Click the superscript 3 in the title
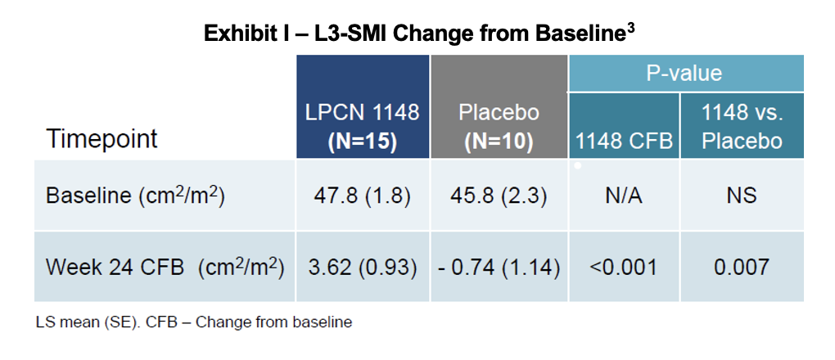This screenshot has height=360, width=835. [x=630, y=30]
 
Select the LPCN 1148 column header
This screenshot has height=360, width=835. [x=362, y=126]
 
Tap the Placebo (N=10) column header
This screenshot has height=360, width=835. [x=499, y=126]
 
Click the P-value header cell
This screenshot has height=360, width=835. [x=686, y=73]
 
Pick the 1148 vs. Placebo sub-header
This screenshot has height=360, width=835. [x=742, y=126]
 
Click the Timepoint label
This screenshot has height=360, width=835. [x=102, y=139]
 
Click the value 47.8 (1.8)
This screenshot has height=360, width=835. [x=362, y=196]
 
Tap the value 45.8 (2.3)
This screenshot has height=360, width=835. [x=499, y=196]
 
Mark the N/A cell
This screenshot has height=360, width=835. [x=624, y=196]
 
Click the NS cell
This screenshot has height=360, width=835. [x=741, y=196]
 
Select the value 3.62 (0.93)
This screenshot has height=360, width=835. [x=362, y=268]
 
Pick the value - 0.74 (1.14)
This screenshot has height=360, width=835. [x=499, y=268]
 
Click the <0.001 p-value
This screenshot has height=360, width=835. [x=624, y=268]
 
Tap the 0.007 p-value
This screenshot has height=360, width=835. [x=741, y=268]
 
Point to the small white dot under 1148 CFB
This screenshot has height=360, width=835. [x=578, y=166]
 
